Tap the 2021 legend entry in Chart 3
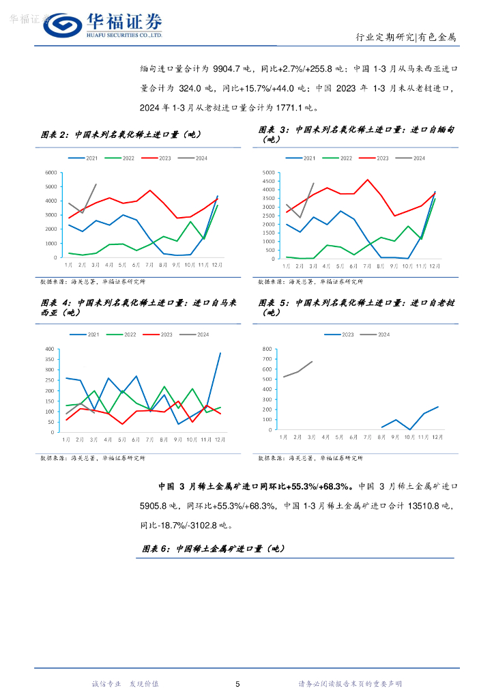pos(304,158)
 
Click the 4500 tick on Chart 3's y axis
pos(267,181)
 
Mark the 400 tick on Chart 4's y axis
pos(49,349)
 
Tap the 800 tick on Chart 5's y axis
pos(267,349)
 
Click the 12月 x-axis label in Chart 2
pos(217,263)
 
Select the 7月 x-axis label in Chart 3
pos(368,264)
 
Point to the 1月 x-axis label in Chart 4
pos(67,439)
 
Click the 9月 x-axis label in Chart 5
pos(395,436)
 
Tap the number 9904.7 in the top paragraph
pos(233,69)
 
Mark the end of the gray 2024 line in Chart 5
pos(312,362)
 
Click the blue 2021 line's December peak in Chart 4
pos(220,353)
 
